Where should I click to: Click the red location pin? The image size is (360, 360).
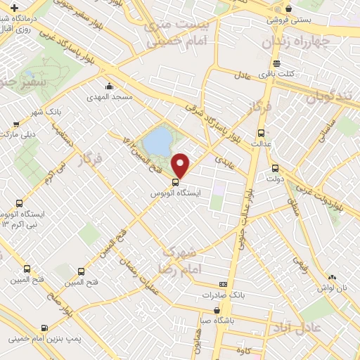tap(181, 165)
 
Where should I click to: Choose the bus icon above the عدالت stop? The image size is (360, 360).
tap(261, 133)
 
